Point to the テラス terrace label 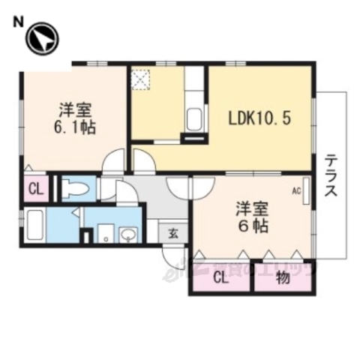331,177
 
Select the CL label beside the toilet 34,188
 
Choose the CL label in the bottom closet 220,279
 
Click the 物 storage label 282,279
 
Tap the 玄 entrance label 172,232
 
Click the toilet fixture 76,189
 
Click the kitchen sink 194,118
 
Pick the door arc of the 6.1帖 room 114,161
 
